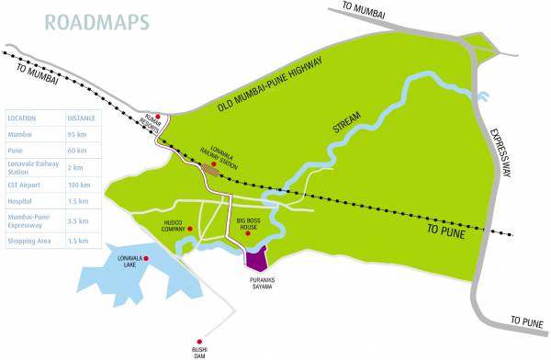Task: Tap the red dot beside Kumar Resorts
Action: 158,117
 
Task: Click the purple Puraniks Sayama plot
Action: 255,256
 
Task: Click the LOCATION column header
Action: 22,118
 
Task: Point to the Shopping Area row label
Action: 28,241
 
